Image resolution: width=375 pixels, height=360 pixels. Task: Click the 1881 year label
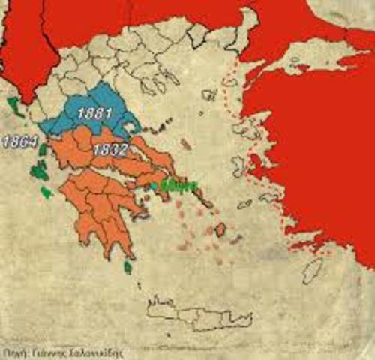pos(94,114)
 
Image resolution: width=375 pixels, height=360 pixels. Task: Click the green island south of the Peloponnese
pos(128,265)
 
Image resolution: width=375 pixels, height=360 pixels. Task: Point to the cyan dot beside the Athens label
pos(153,185)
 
